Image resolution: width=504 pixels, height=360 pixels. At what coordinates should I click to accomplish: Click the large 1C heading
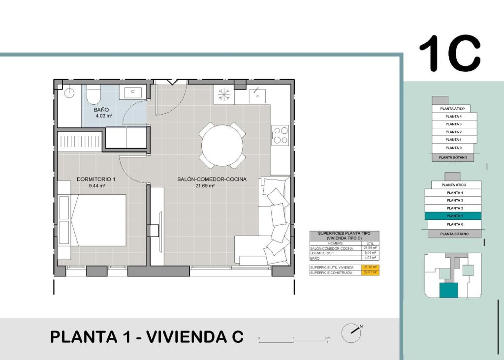pyautogui.click(x=449, y=53)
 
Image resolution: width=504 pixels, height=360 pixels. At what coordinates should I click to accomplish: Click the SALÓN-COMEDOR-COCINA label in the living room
pyautogui.click(x=212, y=180)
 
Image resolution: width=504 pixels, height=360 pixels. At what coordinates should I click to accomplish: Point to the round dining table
pyautogui.click(x=222, y=146)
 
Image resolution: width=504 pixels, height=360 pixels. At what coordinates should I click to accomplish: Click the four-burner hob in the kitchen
pyautogui.click(x=281, y=135)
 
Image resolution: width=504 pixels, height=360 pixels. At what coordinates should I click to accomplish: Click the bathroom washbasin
pyautogui.click(x=132, y=91)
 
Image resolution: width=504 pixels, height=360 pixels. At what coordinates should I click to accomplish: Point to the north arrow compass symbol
pyautogui.click(x=351, y=332)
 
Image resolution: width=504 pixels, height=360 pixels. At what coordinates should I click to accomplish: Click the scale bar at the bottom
pyautogui.click(x=294, y=339)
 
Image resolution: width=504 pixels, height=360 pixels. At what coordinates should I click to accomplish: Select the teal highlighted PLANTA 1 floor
pyautogui.click(x=454, y=216)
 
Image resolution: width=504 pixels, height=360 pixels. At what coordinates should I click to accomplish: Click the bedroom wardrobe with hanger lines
pyautogui.click(x=79, y=142)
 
